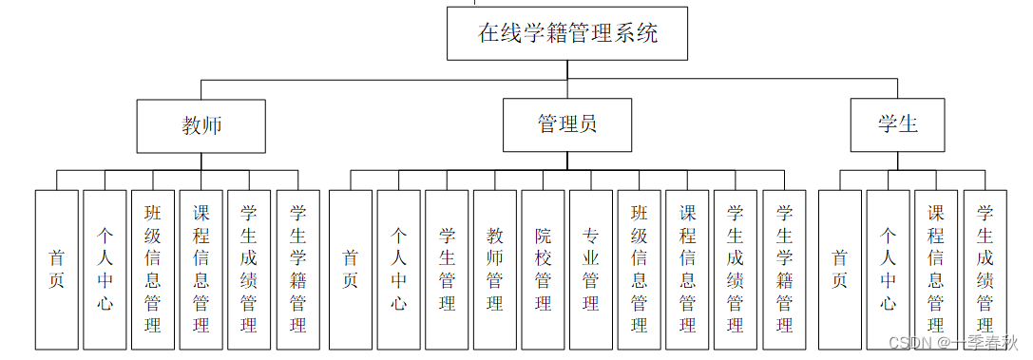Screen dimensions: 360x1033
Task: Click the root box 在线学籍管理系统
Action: tap(567, 34)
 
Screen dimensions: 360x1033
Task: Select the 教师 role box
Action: tap(201, 125)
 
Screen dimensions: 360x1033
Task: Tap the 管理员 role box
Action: tap(566, 125)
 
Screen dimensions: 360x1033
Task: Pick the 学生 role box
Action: tap(897, 125)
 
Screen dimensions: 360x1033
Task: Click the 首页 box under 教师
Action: tap(56, 270)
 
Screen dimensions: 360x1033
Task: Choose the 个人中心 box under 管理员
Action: tap(399, 270)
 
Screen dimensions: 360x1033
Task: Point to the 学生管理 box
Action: tap(447, 270)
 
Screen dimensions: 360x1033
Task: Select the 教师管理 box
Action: tap(495, 270)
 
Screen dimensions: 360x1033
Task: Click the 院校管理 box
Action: tap(543, 270)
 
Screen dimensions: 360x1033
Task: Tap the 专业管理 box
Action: tap(591, 270)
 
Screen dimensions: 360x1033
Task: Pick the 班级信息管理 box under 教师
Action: tap(153, 270)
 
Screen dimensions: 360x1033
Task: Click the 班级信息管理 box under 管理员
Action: tap(639, 270)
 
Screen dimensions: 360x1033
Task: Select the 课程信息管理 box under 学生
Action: tap(936, 270)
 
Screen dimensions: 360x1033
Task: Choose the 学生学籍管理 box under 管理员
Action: tap(784, 270)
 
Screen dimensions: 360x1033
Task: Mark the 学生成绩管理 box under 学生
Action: tap(985, 270)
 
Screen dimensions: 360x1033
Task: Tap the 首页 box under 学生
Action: tap(840, 270)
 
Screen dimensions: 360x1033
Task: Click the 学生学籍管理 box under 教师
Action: tap(297, 270)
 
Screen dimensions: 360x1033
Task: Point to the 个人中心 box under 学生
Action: tap(888, 270)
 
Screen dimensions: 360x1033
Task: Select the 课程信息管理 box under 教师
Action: tap(201, 270)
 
